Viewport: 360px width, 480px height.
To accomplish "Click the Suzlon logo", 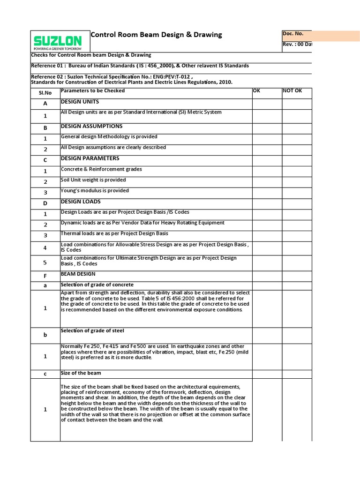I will coord(57,41).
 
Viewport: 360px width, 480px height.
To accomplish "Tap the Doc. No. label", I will coord(293,34).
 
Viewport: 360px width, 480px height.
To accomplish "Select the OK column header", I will coord(256,91).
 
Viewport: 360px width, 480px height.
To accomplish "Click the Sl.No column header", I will coord(45,93).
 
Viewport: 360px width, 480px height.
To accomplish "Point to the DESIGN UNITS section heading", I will coord(80,102).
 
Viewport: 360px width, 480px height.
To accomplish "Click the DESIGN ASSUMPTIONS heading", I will coord(91,126).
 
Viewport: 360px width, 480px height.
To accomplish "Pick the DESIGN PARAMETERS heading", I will coord(90,158).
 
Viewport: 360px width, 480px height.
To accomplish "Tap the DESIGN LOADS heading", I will coord(81,202).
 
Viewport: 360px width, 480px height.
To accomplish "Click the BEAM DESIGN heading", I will coord(78,274).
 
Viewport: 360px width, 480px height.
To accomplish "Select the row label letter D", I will coord(45,203).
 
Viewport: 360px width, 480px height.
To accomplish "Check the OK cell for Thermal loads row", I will coord(267,235).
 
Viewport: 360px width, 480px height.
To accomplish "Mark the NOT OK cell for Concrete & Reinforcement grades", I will coord(297,171).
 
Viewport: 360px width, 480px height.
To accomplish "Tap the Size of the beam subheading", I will coord(81,374).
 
